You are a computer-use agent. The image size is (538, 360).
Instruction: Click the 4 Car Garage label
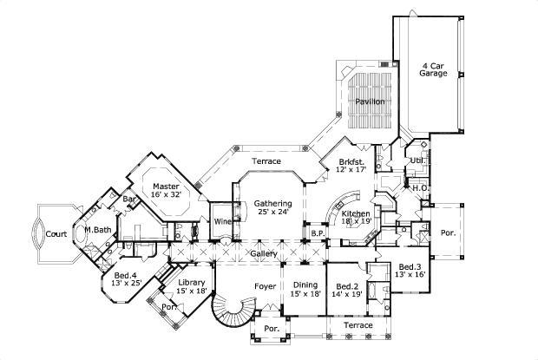point(434,69)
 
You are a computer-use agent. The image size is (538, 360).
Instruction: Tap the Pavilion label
point(371,101)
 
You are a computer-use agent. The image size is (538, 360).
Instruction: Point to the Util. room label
point(417,160)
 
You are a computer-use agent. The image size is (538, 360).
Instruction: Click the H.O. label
point(417,188)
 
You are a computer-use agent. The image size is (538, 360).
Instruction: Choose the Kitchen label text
point(357,213)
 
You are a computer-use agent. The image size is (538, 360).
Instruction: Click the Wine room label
point(222,221)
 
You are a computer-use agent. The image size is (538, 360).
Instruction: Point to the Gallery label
point(264,253)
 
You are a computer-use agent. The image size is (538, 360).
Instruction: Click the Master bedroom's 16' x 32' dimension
point(166,195)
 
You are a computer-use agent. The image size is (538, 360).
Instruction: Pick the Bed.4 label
point(126,275)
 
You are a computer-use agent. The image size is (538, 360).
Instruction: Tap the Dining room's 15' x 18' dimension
point(305,295)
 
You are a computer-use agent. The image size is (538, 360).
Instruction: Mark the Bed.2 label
point(347,285)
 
